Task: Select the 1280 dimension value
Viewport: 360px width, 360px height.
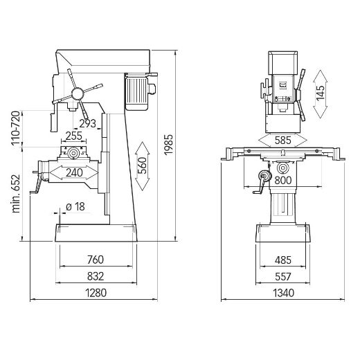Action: click(x=96, y=293)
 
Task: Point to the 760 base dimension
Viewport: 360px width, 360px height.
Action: click(x=96, y=260)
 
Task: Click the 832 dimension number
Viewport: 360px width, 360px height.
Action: click(x=96, y=276)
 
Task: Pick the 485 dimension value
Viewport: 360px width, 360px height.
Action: click(x=282, y=260)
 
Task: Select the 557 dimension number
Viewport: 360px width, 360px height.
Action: click(x=282, y=276)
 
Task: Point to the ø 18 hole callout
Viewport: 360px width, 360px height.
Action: click(x=75, y=206)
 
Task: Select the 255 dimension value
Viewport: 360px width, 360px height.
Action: click(x=74, y=136)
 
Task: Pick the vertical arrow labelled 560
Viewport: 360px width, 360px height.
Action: click(x=143, y=166)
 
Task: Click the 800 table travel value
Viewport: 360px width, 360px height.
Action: click(x=282, y=181)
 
